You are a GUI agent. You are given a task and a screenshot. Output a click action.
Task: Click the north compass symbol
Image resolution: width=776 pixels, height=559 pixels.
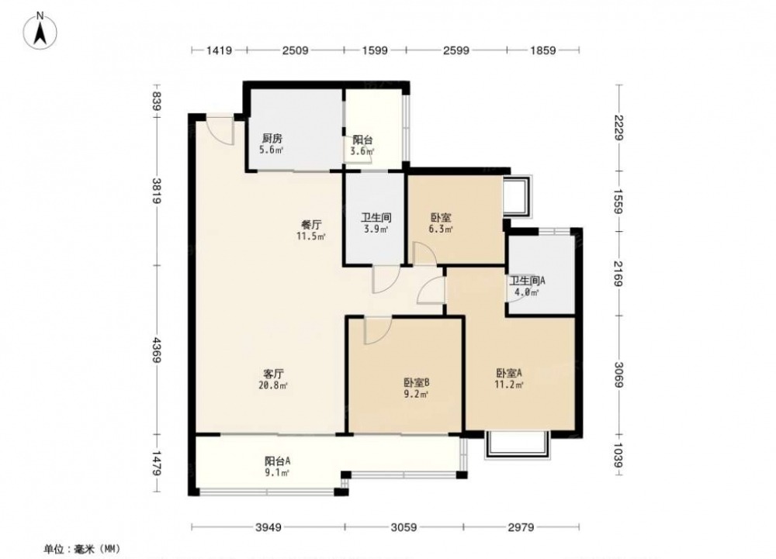40,31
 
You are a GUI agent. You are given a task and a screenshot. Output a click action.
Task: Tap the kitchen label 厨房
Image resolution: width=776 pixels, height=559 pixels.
272,138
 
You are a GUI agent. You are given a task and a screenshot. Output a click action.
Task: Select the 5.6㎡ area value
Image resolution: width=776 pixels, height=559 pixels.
271,150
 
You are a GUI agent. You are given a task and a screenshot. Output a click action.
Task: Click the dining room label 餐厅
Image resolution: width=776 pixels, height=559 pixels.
311,225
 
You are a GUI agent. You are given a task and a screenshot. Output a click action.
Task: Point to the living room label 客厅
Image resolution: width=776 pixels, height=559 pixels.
273,374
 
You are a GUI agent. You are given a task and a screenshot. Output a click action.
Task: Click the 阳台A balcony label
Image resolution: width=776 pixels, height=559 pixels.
277,461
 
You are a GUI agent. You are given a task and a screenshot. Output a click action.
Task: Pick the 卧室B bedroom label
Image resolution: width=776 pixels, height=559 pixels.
416,382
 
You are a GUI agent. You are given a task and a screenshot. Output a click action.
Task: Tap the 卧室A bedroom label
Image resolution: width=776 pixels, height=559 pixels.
509,373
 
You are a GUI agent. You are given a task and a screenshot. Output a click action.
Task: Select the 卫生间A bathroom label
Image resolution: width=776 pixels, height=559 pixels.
528,281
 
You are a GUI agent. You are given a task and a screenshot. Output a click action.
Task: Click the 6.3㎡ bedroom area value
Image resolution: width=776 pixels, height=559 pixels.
441,229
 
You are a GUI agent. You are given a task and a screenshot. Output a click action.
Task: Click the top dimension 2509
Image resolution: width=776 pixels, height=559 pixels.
296,50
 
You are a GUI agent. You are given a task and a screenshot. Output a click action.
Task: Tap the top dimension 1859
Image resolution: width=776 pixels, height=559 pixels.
543,50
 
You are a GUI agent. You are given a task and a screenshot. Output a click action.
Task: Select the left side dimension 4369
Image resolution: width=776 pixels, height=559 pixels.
157,350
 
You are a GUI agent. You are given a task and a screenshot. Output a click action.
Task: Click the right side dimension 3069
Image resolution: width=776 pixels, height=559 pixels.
618,374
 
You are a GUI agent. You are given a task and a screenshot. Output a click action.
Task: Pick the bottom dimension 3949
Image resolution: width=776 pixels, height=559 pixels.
268,527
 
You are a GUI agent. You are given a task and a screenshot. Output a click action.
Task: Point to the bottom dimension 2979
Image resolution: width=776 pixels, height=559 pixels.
521,527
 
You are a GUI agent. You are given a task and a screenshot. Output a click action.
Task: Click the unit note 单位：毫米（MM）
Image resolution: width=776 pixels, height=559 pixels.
82,549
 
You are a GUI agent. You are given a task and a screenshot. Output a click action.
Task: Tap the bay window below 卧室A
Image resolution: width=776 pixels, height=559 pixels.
518,444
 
